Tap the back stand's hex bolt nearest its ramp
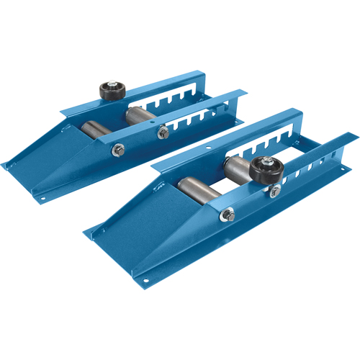coord(117,150)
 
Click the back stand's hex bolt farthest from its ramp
coord(165,131)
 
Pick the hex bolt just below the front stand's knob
coord(275,190)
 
